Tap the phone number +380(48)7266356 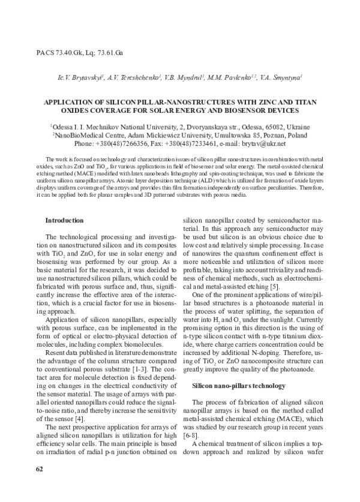click(136, 144)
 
